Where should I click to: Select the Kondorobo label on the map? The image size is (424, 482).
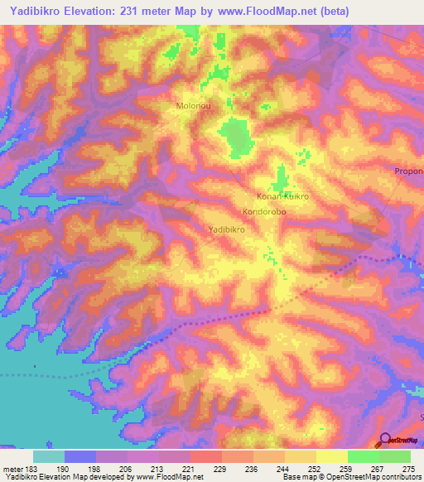pyautogui.click(x=264, y=212)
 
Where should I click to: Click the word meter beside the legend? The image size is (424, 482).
pyautogui.click(x=15, y=468)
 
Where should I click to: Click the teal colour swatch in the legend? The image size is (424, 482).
pyautogui.click(x=49, y=456)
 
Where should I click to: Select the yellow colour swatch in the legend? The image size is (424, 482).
pyautogui.click(x=331, y=456)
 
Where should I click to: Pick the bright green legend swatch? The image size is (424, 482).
pyautogui.click(x=363, y=456)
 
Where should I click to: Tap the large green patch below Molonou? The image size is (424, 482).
pyautogui.click(x=237, y=137)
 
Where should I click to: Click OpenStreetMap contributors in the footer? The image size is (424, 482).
pyautogui.click(x=381, y=477)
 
